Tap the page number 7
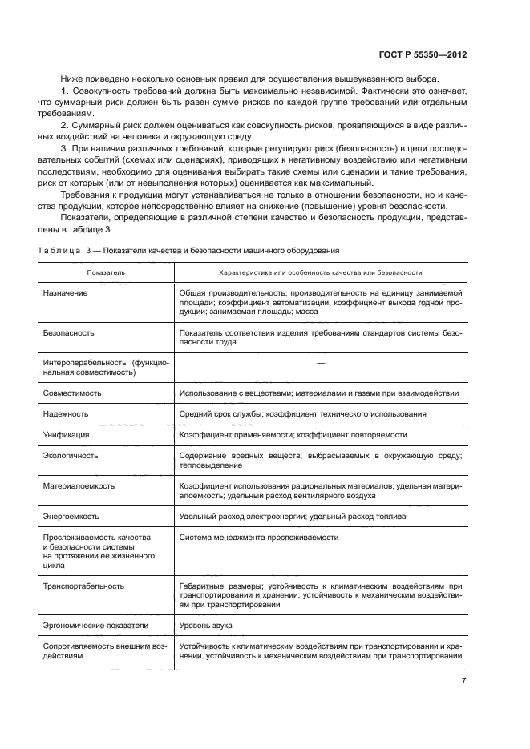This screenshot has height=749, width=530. (x=463, y=681)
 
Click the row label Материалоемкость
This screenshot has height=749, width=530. (x=79, y=485)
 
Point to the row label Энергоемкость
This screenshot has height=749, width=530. (x=73, y=517)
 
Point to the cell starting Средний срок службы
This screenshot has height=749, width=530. (x=302, y=414)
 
